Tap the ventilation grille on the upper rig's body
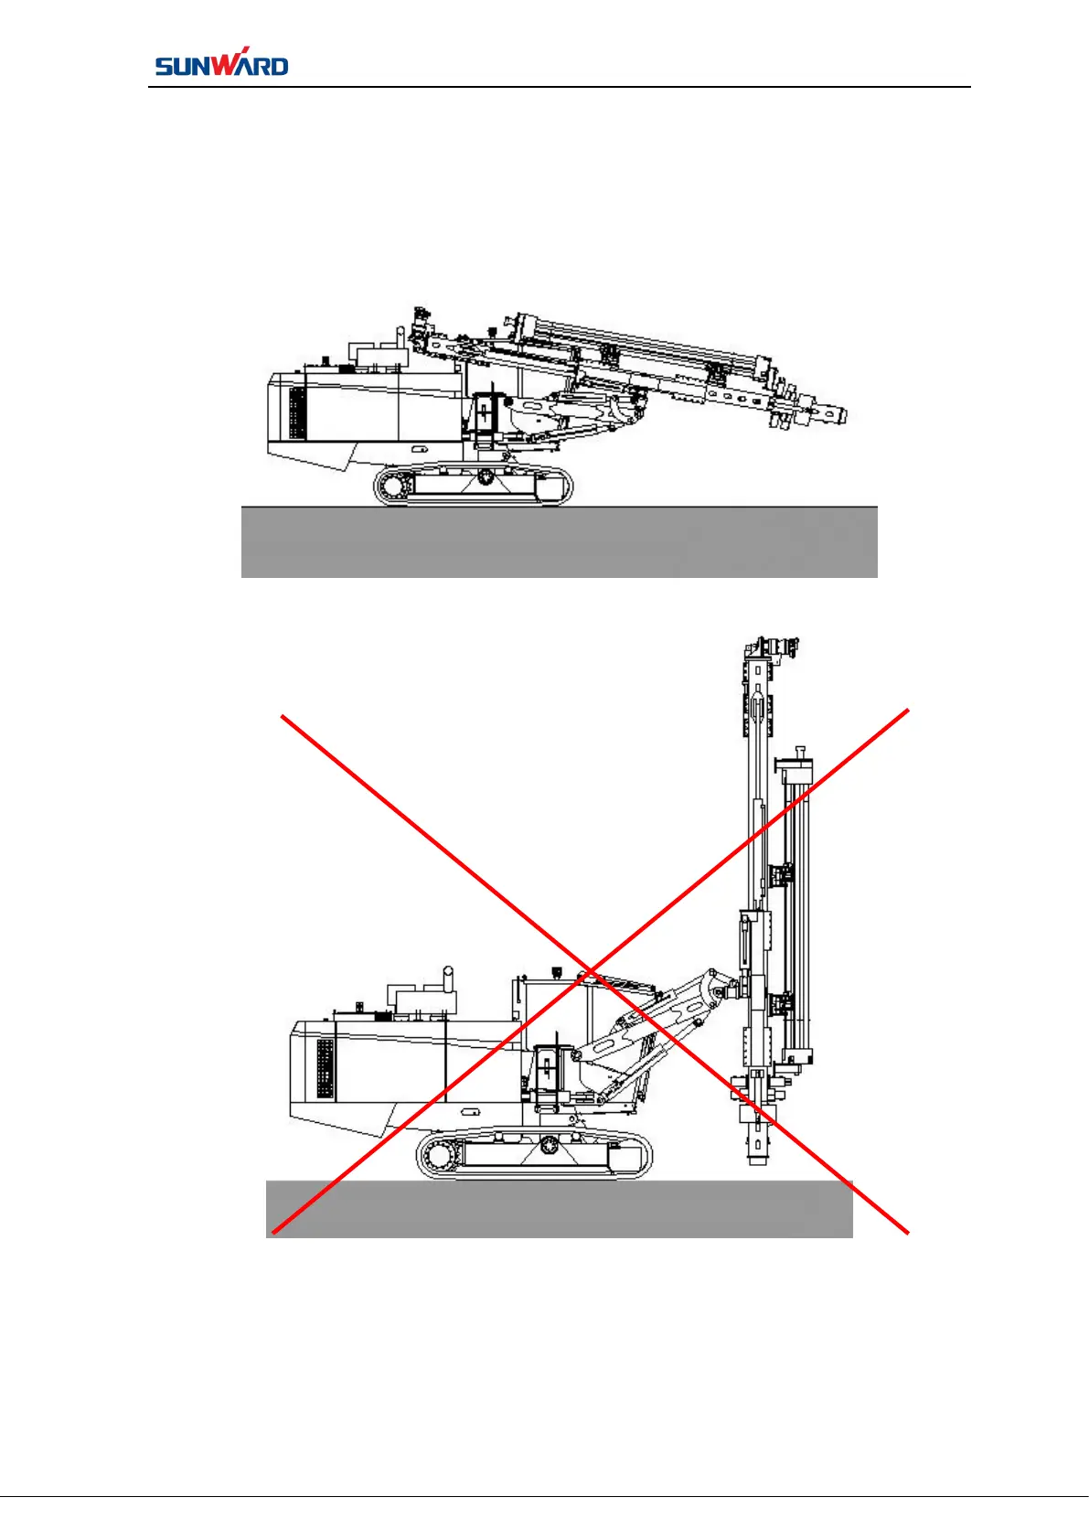pos(297,412)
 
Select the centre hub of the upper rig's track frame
pos(485,476)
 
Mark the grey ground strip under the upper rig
pos(559,542)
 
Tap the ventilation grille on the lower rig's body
pos(325,1068)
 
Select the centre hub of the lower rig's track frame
pos(548,1145)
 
